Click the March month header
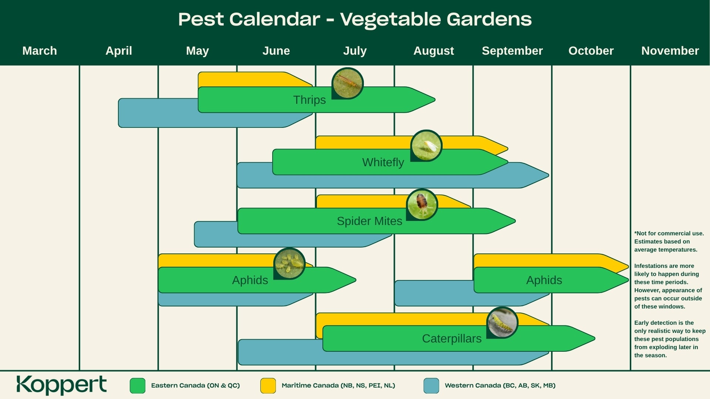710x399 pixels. point(40,51)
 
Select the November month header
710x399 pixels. point(670,51)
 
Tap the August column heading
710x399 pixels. point(433,51)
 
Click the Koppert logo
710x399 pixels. point(61,385)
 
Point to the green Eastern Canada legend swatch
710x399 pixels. point(138,386)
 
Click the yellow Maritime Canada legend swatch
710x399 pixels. point(268,386)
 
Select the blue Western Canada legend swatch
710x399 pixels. point(431,386)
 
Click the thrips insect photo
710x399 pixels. point(347,83)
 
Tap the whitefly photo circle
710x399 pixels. point(426,146)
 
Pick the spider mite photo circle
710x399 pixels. point(422,205)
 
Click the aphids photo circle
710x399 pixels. point(290,263)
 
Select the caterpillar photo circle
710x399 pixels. point(502,323)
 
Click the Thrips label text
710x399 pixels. point(310,100)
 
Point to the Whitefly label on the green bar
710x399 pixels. point(383,163)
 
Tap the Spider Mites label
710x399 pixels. point(369,221)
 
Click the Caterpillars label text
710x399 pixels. point(452,339)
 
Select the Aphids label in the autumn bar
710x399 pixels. point(544,280)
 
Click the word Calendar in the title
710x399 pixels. point(275,19)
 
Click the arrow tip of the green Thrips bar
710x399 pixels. point(435,100)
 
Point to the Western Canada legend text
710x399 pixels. point(500,386)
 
